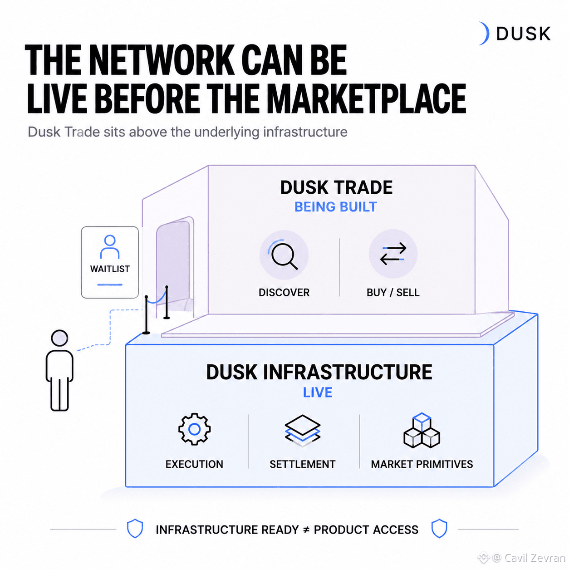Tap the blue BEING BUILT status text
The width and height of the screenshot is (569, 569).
click(x=336, y=207)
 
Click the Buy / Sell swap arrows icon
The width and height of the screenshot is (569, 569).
click(x=393, y=254)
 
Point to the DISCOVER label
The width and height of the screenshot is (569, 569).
click(x=284, y=293)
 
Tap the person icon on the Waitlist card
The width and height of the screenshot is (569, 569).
click(x=110, y=246)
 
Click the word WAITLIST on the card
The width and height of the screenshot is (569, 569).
click(x=110, y=269)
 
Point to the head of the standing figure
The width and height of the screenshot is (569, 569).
click(x=59, y=338)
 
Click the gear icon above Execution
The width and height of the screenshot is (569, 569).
click(x=194, y=429)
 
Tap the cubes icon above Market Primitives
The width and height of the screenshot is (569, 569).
click(x=422, y=430)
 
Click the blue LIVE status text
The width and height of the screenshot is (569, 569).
click(x=318, y=392)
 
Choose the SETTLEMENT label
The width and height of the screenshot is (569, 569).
click(x=303, y=465)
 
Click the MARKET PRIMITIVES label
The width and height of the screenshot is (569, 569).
click(x=422, y=465)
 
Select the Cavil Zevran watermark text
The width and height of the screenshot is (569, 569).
click(x=529, y=558)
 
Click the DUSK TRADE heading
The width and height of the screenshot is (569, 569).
click(x=336, y=187)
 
